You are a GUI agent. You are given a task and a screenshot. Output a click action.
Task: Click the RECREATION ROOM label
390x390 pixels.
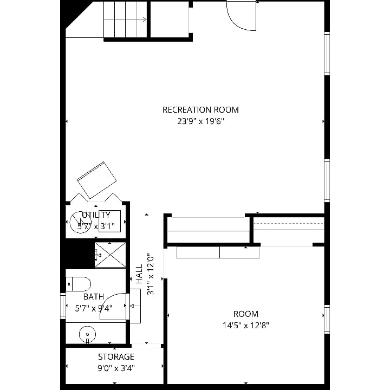pyautogui.click(x=200, y=109)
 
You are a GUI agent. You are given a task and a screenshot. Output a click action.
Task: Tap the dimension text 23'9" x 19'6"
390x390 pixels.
pyautogui.click(x=200, y=121)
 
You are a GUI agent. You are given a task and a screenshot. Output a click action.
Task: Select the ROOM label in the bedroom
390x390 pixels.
pyautogui.click(x=246, y=314)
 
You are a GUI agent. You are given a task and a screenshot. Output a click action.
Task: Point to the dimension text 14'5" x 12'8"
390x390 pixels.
pyautogui.click(x=246, y=326)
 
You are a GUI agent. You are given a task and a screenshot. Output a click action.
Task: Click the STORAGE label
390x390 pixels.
pyautogui.click(x=116, y=357)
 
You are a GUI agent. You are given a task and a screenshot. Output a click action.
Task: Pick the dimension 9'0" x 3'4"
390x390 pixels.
pyautogui.click(x=116, y=368)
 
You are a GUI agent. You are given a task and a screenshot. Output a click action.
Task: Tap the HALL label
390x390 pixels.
pyautogui.click(x=139, y=274)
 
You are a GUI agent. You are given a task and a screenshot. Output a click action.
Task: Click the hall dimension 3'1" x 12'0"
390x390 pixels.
pyautogui.click(x=151, y=274)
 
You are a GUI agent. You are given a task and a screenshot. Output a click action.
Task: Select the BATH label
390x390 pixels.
pyautogui.click(x=94, y=297)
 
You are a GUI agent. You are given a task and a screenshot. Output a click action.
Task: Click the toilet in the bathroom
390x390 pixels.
pyautogui.click(x=78, y=284)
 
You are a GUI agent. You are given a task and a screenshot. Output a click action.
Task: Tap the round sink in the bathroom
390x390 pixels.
pyautogui.click(x=87, y=334)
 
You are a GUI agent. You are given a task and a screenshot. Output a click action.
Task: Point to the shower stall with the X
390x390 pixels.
pyautogui.click(x=110, y=255)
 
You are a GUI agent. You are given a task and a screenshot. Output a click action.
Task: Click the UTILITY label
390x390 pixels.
pyautogui.click(x=96, y=215)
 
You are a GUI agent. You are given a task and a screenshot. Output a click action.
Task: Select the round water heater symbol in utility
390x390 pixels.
pyautogui.click(x=80, y=223)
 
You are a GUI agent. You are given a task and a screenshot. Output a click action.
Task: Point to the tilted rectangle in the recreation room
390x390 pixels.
pyautogui.click(x=97, y=180)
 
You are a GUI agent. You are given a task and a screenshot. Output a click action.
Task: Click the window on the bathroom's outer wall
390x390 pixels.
pyautogui.click(x=63, y=305)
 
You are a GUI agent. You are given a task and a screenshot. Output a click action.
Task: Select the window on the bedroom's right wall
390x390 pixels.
pyautogui.click(x=327, y=319)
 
